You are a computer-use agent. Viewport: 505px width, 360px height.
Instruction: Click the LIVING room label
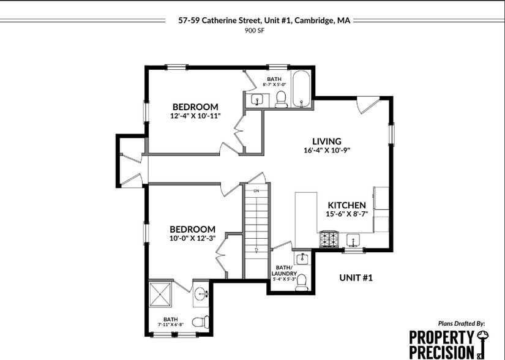pos(326,141)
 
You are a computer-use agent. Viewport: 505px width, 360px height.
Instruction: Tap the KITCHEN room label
pos(346,205)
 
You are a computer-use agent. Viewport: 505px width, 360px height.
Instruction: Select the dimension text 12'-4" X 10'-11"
pos(195,115)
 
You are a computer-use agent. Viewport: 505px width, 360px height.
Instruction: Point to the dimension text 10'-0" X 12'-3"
pos(192,238)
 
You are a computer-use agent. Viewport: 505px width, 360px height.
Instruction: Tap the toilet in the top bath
pos(281,99)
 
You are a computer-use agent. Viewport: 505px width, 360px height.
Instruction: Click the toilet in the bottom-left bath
pos(200,321)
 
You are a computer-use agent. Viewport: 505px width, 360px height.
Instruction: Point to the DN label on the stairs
pos(257,191)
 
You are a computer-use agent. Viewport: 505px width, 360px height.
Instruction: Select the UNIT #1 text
pos(356,278)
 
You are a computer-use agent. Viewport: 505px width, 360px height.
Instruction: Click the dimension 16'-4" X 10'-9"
pos(326,150)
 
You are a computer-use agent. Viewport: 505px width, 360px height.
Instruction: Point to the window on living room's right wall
pos(392,135)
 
